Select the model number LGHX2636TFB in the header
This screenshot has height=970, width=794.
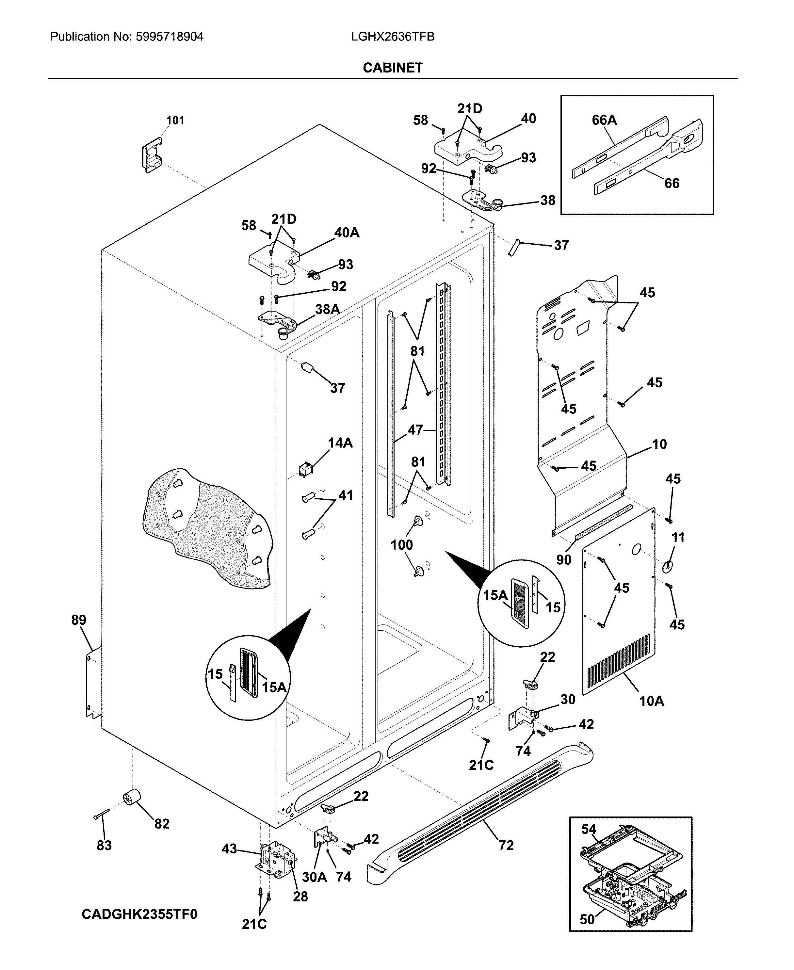tap(392, 37)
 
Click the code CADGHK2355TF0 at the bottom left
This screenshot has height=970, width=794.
tap(139, 914)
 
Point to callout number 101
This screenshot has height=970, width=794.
tap(175, 120)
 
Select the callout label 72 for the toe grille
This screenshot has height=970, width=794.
tap(506, 846)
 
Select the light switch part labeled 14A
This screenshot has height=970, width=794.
tap(305, 469)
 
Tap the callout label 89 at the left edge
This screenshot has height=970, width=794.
tap(79, 620)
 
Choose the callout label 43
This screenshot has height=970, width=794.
tap(229, 849)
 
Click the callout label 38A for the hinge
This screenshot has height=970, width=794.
tap(328, 310)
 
